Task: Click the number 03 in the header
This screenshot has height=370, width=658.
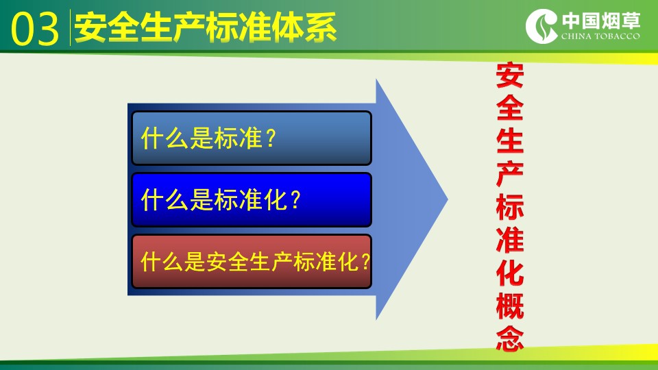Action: [35, 29]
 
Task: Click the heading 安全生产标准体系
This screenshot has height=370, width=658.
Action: [205, 27]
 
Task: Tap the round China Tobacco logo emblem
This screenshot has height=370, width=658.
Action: [541, 26]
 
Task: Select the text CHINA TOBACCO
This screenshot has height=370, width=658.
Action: [600, 36]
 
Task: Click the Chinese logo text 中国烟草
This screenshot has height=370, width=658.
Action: [601, 21]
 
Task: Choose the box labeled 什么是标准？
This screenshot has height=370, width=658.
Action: [252, 138]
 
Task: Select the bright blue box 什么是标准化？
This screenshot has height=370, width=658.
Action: [252, 199]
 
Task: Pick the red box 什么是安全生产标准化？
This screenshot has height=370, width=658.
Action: [252, 261]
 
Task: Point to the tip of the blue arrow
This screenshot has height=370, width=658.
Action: [448, 199]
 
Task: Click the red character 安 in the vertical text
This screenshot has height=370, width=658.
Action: [510, 75]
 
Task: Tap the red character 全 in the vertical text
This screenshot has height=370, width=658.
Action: [510, 108]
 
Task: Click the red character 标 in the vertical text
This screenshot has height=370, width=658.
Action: [510, 207]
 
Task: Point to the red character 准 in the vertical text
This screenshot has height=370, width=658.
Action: [510, 240]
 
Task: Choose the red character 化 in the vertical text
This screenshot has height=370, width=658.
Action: [510, 273]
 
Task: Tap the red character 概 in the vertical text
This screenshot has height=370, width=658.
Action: [510, 306]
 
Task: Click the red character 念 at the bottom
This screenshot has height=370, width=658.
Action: [510, 338]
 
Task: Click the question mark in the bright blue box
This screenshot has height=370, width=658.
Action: [295, 199]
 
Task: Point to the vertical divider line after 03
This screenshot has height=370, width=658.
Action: [70, 27]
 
